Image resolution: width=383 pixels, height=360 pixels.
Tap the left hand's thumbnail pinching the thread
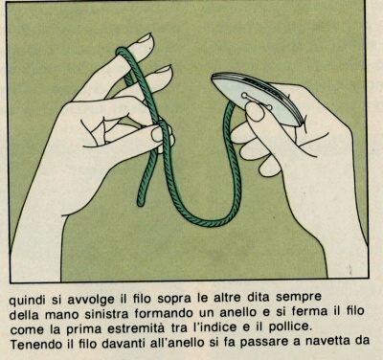point(157,134)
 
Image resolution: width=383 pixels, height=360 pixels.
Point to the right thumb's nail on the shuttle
point(256,112)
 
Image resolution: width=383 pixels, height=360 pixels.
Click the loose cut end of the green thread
point(141,203)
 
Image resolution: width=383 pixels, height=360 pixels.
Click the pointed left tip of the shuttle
point(213,79)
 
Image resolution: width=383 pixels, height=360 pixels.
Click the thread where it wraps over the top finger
point(123,51)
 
